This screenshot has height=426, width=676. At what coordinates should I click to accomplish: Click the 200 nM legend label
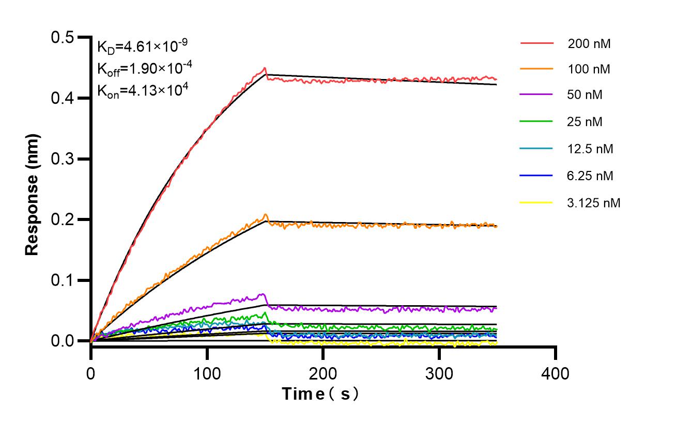coord(589,44)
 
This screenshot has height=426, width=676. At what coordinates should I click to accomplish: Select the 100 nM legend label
coord(589,69)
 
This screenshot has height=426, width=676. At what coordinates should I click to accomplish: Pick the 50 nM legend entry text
coord(585,95)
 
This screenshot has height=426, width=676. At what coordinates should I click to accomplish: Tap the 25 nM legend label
coord(585,122)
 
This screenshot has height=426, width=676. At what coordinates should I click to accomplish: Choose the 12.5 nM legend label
coord(590,149)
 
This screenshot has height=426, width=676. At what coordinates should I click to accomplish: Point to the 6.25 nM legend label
coord(590,176)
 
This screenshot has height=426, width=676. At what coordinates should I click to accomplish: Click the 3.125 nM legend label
coord(593,203)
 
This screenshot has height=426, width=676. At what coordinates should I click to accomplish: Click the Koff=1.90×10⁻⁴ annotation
coord(142,68)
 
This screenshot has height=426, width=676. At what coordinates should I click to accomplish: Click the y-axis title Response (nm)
coord(32,194)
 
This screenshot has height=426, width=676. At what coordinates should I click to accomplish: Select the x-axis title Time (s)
coord(320,394)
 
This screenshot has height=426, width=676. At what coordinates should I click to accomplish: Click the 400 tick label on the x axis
coord(555,373)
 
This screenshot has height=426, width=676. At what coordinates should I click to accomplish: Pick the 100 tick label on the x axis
coord(207,373)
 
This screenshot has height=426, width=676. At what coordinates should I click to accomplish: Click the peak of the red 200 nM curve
coord(265,68)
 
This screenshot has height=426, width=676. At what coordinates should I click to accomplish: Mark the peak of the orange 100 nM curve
coord(266,214)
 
